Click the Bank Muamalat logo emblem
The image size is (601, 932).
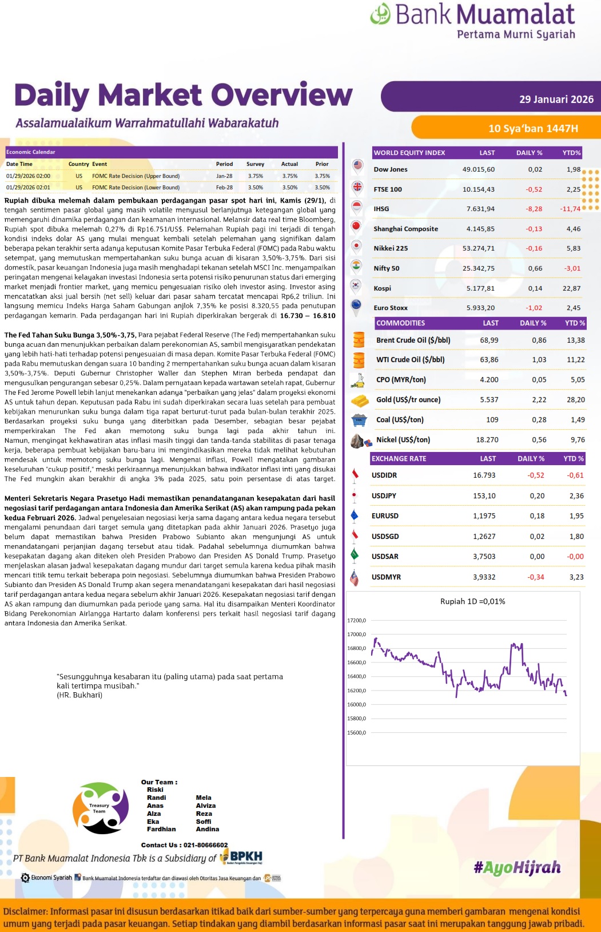[x=380, y=14]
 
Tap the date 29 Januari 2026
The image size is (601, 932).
[x=556, y=99]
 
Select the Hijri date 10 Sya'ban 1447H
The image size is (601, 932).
[x=533, y=128]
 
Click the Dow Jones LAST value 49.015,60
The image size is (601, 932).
[x=478, y=169]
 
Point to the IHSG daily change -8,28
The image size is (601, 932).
[x=534, y=209]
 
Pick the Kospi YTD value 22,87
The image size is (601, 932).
[x=571, y=288]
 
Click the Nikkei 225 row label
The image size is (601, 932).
[x=391, y=248]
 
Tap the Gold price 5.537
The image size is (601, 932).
[x=489, y=399]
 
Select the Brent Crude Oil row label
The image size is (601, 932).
[x=413, y=340]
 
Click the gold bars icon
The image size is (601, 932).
[x=359, y=400]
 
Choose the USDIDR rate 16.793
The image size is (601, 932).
[x=484, y=475]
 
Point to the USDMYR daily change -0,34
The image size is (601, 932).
[x=535, y=577]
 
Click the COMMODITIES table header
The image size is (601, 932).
[x=400, y=323]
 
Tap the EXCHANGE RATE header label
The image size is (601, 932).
[x=399, y=458]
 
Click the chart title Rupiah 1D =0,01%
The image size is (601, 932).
[x=472, y=601]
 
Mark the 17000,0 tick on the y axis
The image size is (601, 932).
[x=356, y=634]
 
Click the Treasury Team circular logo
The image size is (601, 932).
[x=101, y=808]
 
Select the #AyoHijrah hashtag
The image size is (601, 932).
[x=517, y=867]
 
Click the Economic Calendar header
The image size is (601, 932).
[x=31, y=152]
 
